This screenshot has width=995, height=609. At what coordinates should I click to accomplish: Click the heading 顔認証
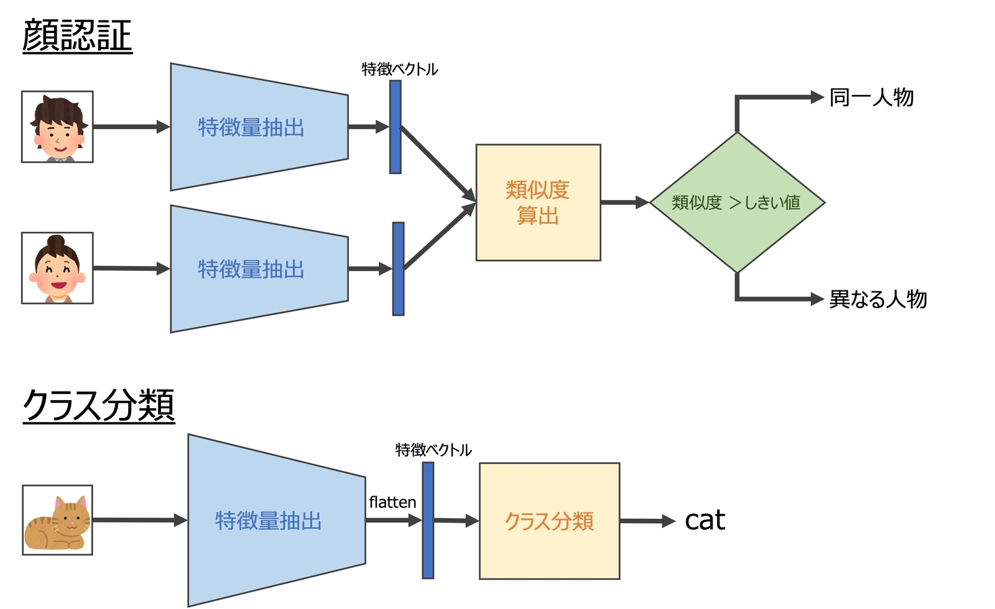pos(77,35)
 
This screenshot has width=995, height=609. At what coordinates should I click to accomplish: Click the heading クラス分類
pos(98,405)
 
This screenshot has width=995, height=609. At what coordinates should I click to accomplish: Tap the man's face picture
pos(57,127)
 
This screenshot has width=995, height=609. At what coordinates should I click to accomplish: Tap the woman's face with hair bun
pos(57,268)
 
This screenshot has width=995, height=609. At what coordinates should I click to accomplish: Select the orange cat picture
pos(57,520)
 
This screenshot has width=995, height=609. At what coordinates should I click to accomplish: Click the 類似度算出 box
pos(538,203)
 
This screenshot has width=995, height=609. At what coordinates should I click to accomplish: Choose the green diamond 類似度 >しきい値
pos(736,203)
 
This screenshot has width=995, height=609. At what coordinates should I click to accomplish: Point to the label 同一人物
pos(871,98)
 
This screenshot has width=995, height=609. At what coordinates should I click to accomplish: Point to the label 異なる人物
pos(877,299)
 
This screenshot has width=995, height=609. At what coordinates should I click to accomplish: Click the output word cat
pos(705,520)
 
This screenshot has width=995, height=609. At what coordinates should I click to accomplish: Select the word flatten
pos(392,502)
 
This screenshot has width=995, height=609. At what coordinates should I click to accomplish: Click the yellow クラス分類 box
pos(549,521)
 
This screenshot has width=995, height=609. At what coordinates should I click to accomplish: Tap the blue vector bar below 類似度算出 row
pos(398,268)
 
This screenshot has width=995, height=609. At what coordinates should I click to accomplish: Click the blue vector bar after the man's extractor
pos(395,127)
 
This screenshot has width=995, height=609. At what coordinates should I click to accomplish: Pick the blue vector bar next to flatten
pos(428,520)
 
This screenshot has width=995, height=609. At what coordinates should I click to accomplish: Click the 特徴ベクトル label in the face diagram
pos(400,69)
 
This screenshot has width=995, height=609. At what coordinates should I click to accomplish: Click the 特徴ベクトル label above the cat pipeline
pos(433,449)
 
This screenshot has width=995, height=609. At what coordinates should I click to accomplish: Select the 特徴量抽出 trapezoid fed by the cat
pos(269,520)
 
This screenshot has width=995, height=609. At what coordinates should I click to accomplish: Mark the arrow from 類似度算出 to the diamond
pos(624,203)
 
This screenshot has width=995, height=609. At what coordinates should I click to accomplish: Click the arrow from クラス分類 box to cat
pos(647,521)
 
